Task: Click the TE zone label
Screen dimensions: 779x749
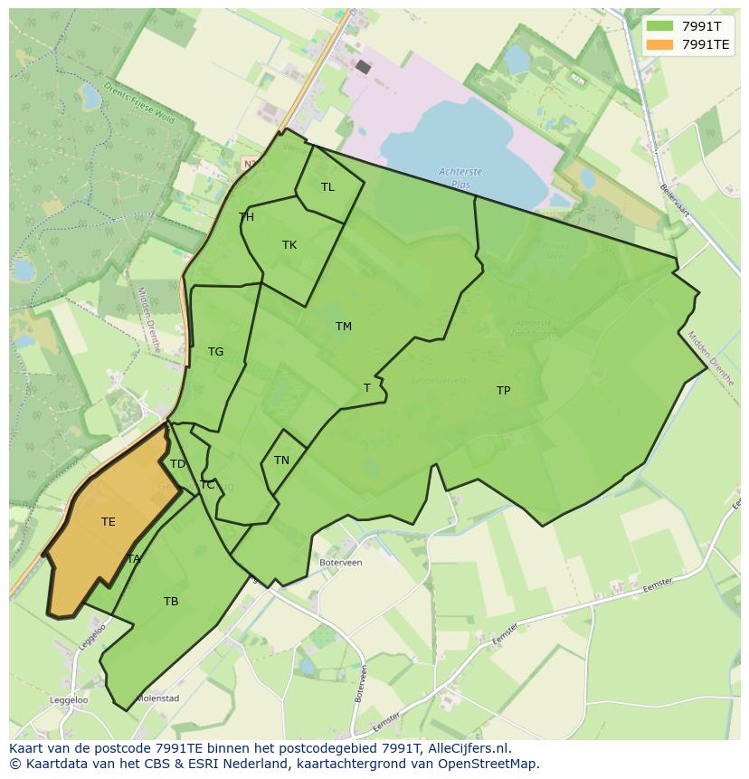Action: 109,522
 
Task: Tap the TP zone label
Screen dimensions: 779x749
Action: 503,391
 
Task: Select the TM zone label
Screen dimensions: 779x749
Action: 344,327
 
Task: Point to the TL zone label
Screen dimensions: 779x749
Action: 327,187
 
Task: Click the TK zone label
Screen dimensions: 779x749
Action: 289,245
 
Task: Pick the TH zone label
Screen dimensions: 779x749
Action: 246,217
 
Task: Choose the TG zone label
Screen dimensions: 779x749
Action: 215,352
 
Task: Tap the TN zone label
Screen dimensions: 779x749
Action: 281,461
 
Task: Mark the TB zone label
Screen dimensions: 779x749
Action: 171,602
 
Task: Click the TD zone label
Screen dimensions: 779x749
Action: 177,464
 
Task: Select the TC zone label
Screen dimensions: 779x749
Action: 208,485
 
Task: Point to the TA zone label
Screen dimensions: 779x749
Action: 134,559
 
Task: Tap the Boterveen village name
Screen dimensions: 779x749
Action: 341,562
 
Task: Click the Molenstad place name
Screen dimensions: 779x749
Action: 157,698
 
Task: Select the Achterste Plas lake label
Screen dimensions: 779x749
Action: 460,176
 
